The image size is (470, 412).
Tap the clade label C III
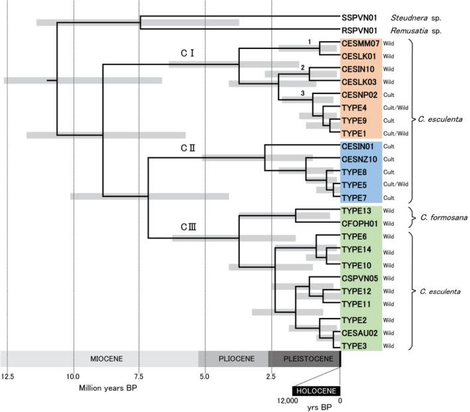point(188,227)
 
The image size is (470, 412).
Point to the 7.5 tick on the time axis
point(139,377)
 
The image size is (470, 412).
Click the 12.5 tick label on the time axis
point(8,377)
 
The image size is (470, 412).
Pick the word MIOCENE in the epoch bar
point(107,358)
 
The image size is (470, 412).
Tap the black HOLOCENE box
point(316,390)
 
